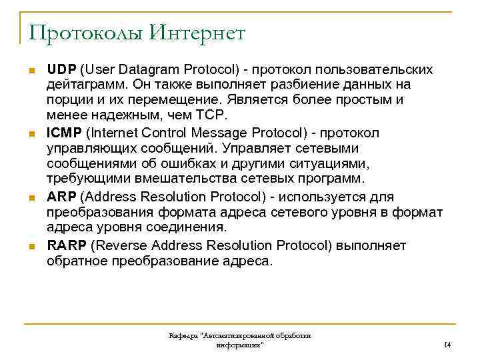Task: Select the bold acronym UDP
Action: (x=61, y=70)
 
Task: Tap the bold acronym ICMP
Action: (x=64, y=133)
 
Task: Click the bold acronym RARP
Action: (x=66, y=245)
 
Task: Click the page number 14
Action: (x=447, y=345)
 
